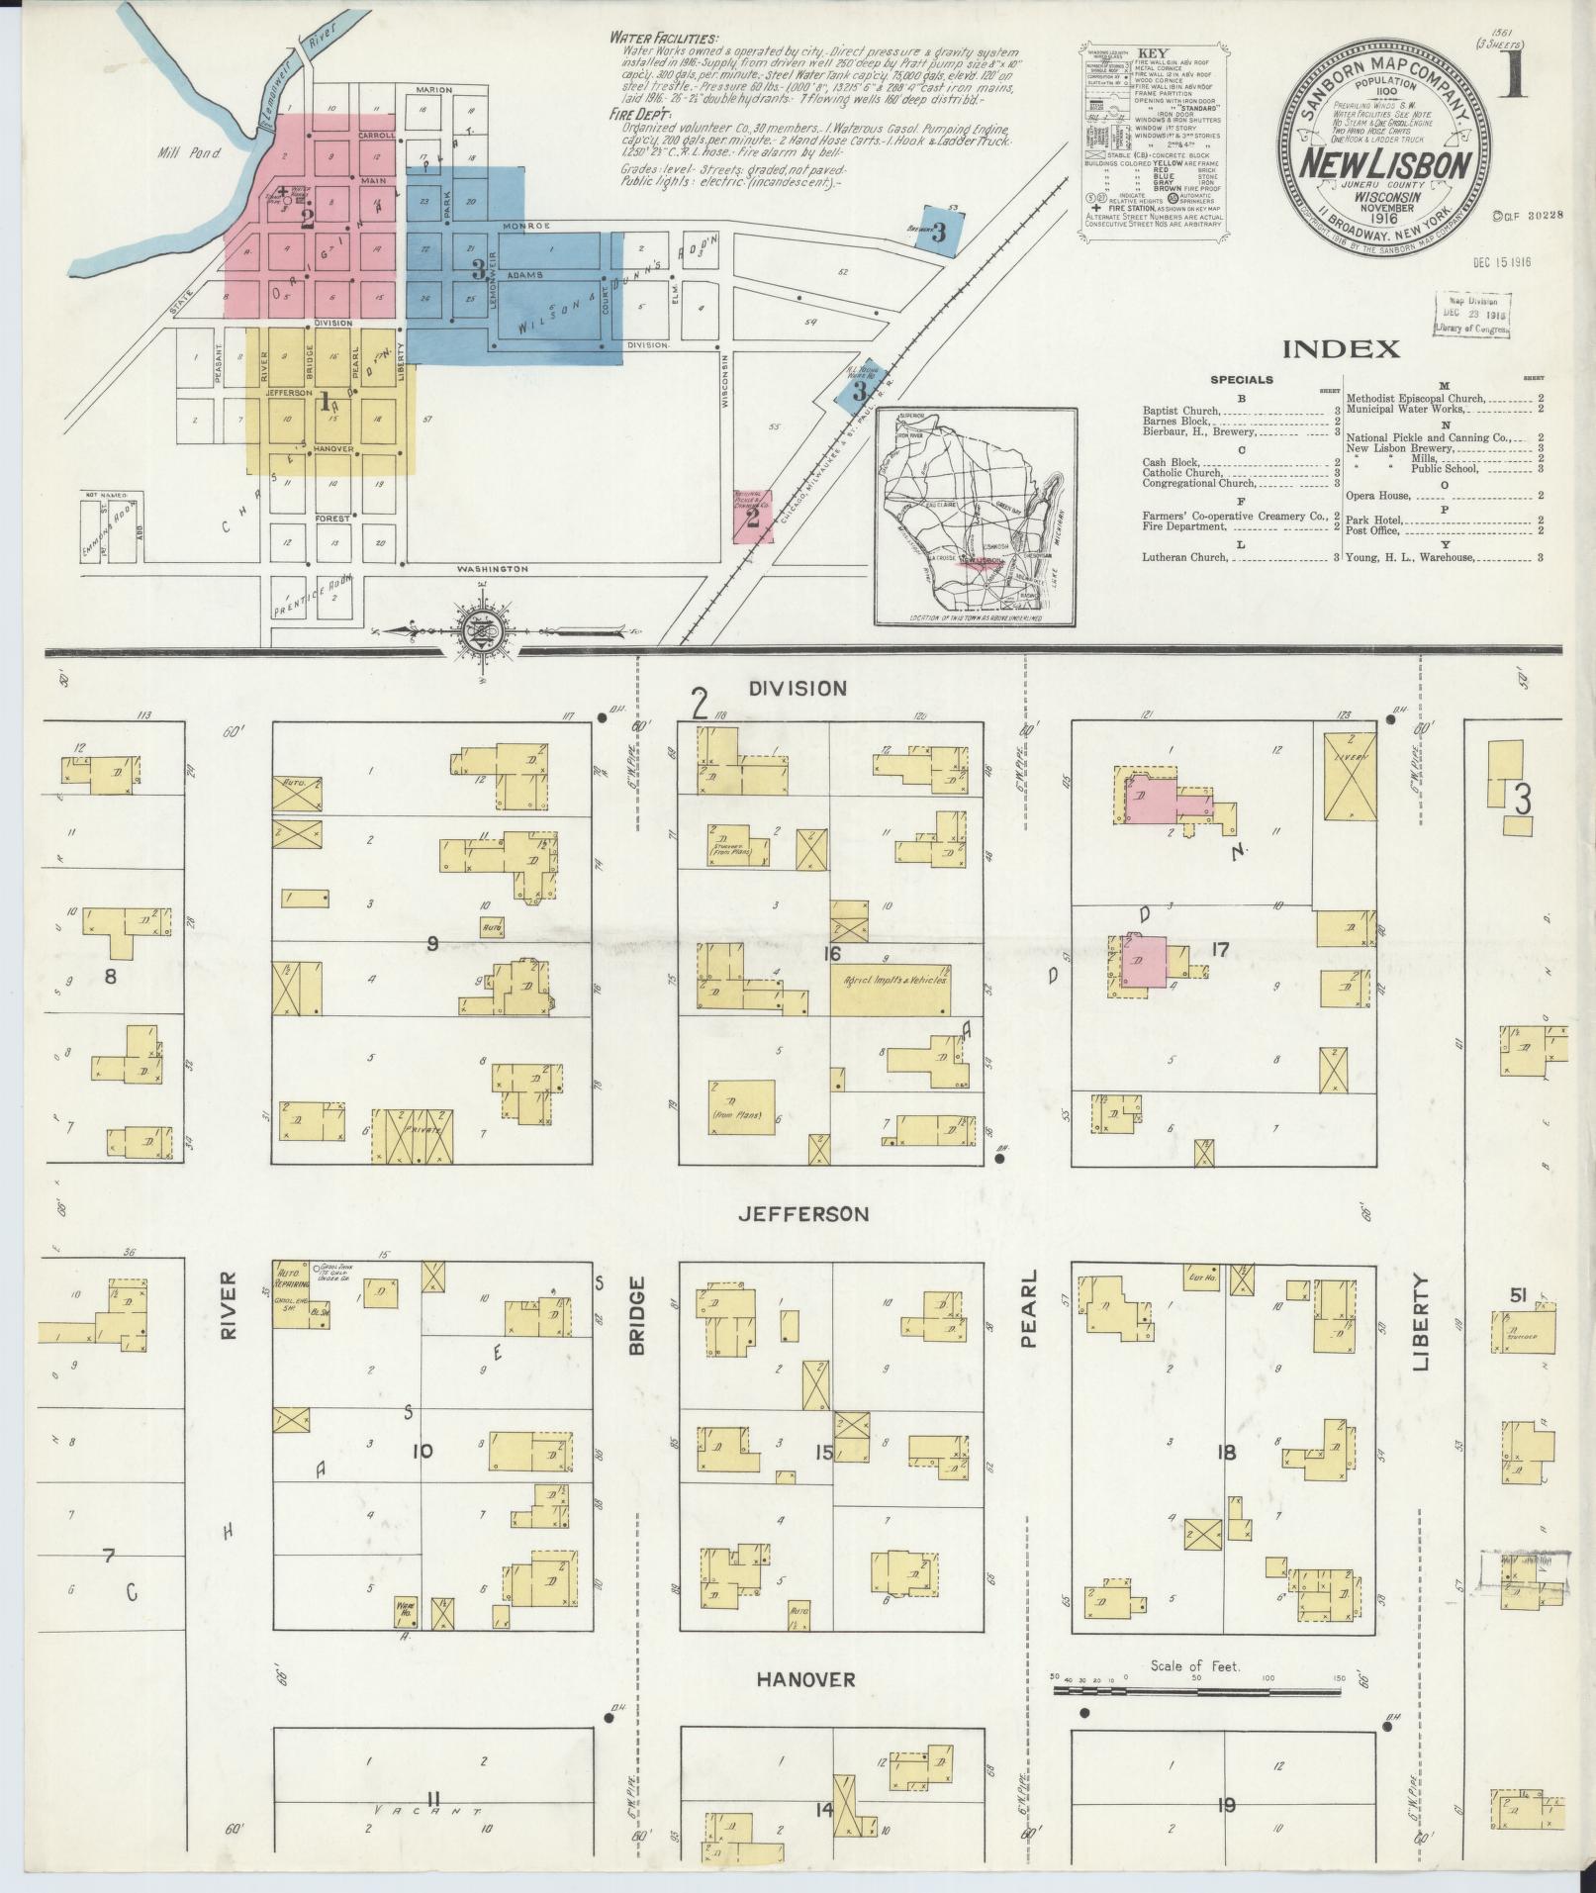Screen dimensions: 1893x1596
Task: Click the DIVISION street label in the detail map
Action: pyautogui.click(x=798, y=689)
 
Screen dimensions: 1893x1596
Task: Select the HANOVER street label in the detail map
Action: pyautogui.click(x=806, y=1679)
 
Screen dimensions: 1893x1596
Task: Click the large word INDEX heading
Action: pyautogui.click(x=1341, y=348)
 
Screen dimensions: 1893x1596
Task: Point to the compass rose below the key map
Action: pyautogui.click(x=477, y=633)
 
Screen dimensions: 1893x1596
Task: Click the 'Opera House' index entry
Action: pyautogui.click(x=1379, y=495)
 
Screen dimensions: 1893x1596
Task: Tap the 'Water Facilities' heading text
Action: pyautogui.click(x=664, y=38)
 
